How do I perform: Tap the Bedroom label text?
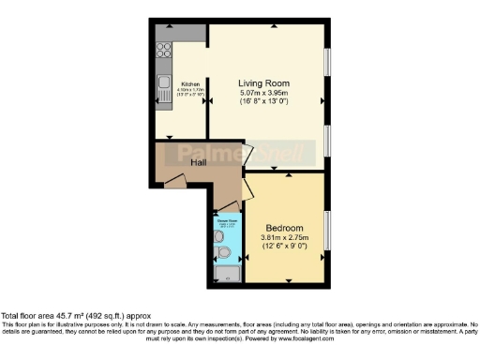click(283, 229)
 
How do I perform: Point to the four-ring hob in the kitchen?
click(162, 52)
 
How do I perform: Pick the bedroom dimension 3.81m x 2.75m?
click(283, 238)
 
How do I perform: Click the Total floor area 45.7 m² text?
click(75, 316)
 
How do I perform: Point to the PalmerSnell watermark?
click(239, 151)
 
